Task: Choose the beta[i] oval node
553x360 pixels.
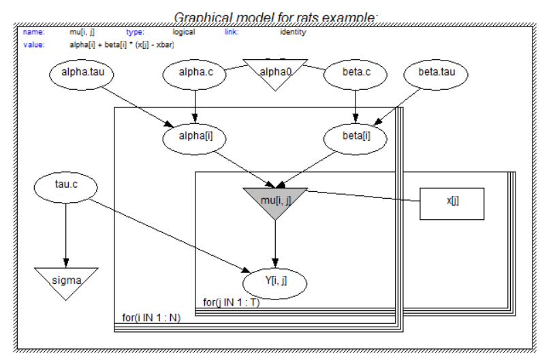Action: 355,137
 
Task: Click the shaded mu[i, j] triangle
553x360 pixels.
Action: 275,199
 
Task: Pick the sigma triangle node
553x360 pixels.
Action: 66,279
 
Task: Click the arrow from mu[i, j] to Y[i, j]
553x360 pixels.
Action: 275,242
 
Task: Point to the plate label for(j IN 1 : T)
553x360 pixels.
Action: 232,302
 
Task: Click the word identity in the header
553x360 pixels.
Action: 292,32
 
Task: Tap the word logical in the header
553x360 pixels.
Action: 184,32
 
